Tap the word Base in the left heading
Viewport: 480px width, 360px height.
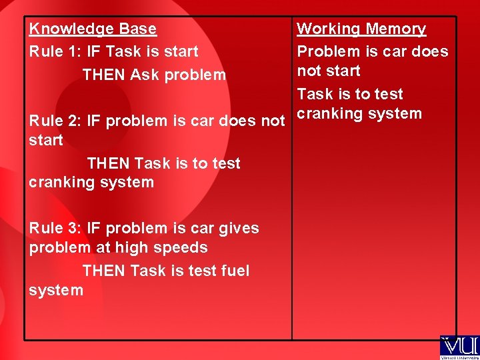138,29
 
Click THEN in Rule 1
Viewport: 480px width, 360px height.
104,75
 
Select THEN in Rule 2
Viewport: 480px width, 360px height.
109,164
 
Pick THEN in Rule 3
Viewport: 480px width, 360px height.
104,271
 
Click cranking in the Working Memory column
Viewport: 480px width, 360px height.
327,114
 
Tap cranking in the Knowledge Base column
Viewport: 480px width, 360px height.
59,183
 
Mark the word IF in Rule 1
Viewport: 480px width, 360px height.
95,51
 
